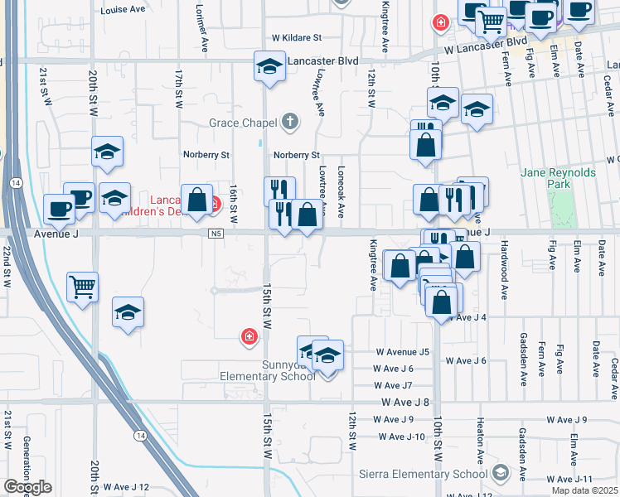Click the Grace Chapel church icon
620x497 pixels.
point(289,123)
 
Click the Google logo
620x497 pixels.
point(27,488)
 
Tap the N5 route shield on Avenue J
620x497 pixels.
point(216,234)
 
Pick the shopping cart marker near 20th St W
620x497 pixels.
point(83,287)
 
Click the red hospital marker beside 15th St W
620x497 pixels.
point(248,335)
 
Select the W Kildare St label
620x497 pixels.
point(296,38)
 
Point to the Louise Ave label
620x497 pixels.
point(123,11)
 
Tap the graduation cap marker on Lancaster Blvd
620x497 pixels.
point(269,65)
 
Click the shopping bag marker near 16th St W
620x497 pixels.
point(197,200)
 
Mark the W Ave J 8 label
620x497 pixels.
point(405,402)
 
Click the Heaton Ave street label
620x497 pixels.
point(480,442)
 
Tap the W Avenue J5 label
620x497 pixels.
point(402,352)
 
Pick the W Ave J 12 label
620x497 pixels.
point(120,487)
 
